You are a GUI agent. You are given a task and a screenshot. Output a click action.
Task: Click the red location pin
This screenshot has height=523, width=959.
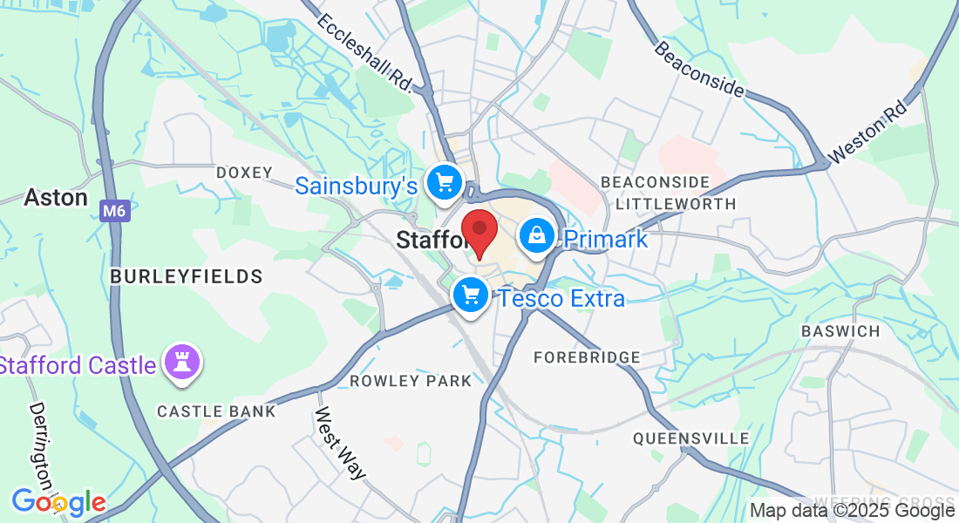(479, 230)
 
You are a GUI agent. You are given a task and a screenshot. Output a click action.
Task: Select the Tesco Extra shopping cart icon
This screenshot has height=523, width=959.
(472, 295)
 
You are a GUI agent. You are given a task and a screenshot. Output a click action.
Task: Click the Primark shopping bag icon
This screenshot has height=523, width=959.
(538, 235)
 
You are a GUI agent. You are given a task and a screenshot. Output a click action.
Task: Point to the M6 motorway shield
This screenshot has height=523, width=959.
(113, 211)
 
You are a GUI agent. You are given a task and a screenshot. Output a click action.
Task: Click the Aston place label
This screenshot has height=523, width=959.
(56, 198)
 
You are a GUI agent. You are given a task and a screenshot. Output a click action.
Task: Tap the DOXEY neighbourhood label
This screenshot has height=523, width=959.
(245, 173)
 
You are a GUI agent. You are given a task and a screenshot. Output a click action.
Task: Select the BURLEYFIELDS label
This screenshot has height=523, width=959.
(187, 276)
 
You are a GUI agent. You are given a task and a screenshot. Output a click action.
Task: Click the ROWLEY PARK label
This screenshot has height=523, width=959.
(411, 381)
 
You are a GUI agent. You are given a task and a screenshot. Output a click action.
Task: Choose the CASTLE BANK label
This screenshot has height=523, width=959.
(216, 411)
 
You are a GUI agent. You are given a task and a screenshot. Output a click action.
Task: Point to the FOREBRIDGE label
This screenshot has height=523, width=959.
(587, 357)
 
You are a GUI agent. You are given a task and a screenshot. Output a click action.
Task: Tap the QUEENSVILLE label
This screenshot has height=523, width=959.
(691, 438)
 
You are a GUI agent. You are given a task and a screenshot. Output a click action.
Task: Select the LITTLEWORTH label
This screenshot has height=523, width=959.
(676, 204)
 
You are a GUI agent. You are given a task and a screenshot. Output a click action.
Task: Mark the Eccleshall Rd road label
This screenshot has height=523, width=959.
(364, 51)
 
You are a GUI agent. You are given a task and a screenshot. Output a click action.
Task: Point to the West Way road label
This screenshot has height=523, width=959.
(339, 443)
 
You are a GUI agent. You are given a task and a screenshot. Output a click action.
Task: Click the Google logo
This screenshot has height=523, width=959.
(58, 502)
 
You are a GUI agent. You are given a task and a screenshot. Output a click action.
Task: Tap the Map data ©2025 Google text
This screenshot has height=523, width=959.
(853, 511)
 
